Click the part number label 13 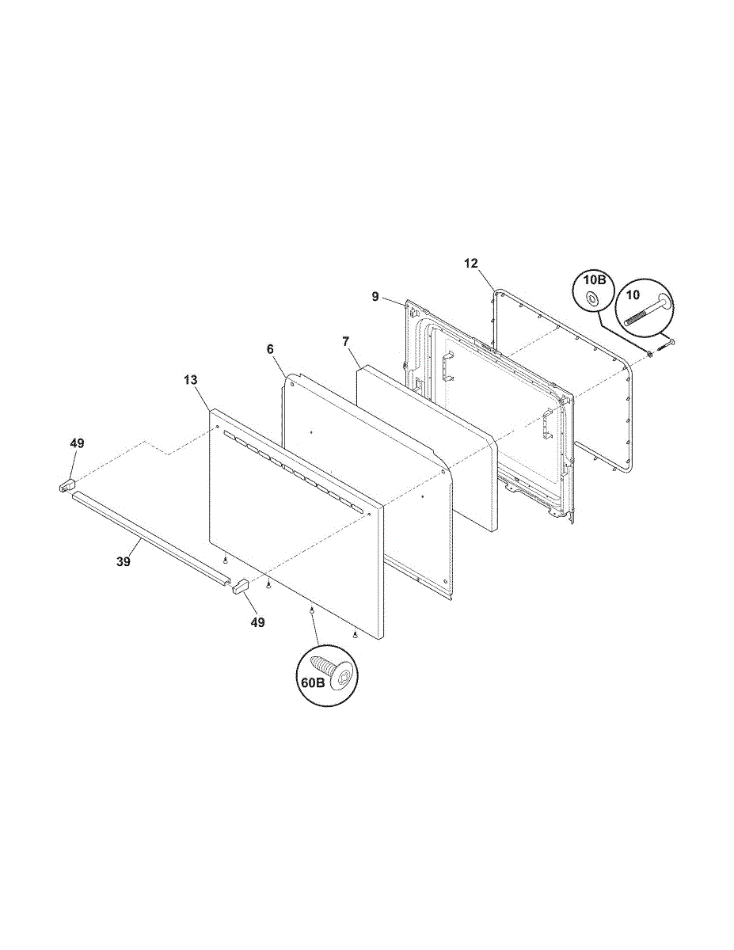tap(190, 380)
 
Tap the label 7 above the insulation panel tap(345, 340)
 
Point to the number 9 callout tap(376, 297)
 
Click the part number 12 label tap(471, 263)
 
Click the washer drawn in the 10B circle tap(591, 299)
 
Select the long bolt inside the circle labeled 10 tap(645, 311)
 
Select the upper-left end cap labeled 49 tap(66, 484)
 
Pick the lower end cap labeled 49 tap(240, 586)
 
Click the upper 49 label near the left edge tap(76, 443)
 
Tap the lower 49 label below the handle tap(257, 623)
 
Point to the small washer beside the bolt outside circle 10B tap(650, 352)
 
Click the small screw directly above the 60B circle tap(312, 610)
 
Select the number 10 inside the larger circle tap(633, 295)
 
